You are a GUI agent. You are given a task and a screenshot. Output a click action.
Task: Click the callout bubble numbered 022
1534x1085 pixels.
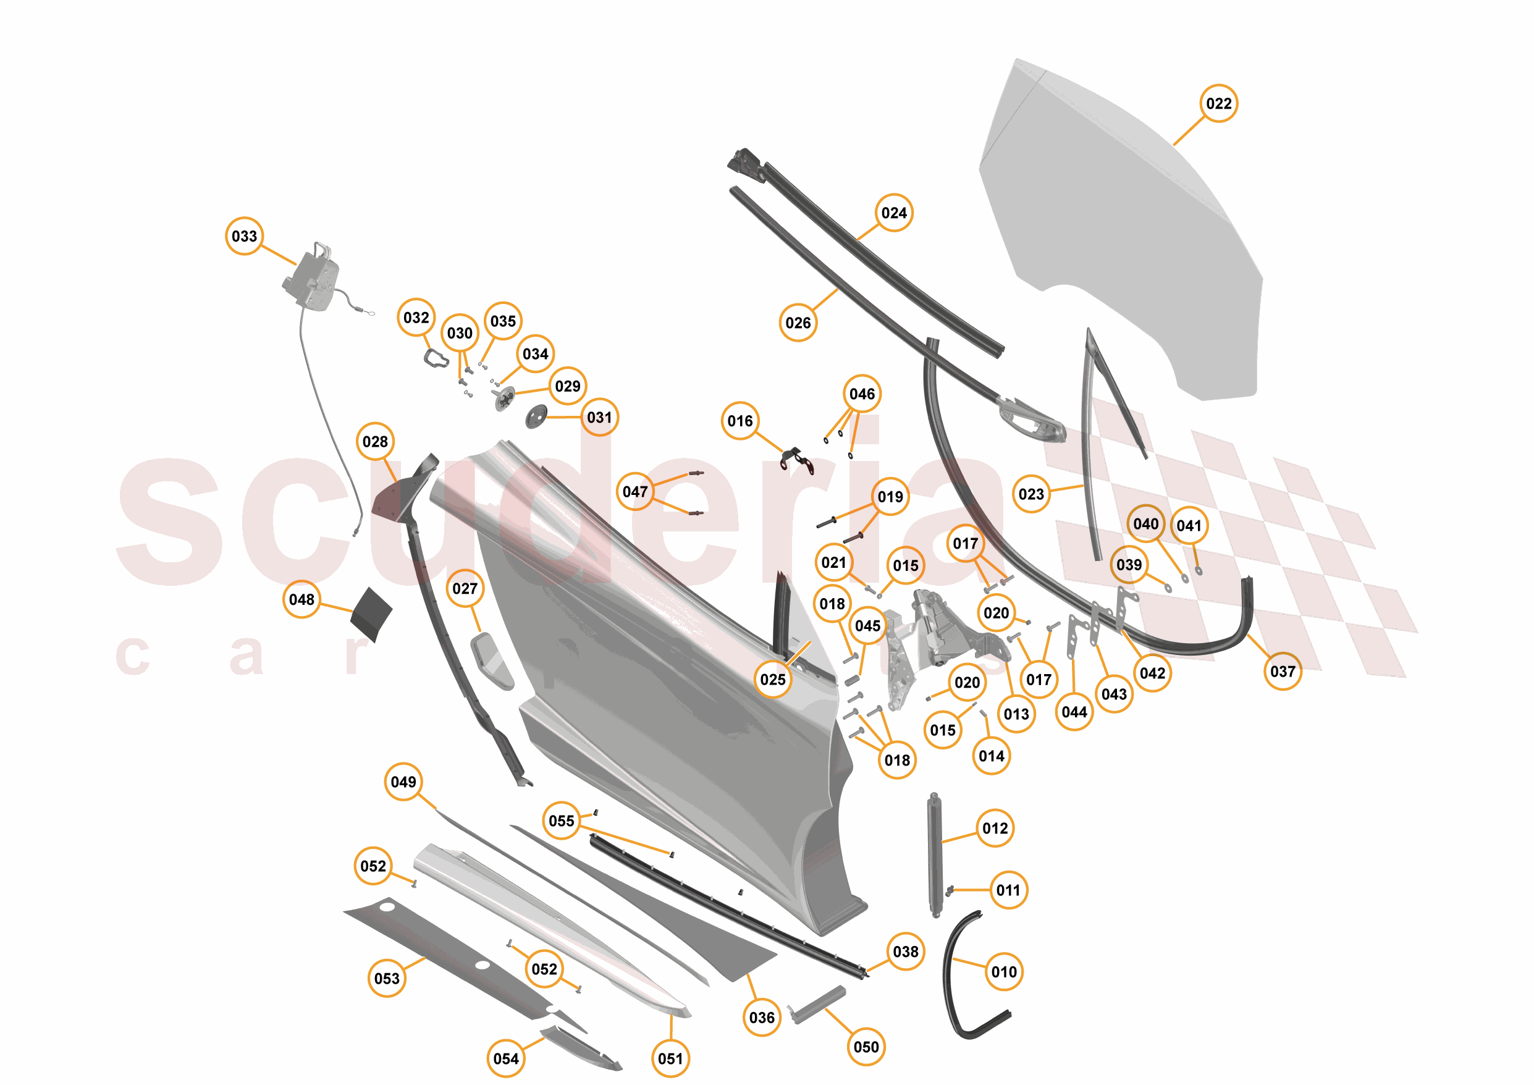point(1219,104)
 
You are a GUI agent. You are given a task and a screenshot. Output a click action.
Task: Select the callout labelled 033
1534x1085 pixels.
point(245,236)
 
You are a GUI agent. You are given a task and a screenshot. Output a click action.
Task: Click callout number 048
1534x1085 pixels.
point(302,599)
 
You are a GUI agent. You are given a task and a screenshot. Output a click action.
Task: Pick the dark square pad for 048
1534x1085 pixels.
point(372,613)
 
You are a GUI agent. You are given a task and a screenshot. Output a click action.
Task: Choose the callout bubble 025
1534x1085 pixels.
point(773,680)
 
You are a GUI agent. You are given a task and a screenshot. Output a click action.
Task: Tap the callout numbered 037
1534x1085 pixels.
point(1283,672)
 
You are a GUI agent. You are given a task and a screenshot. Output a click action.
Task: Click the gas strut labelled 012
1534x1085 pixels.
point(934,855)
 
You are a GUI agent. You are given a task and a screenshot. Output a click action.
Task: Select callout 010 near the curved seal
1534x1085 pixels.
point(1004,972)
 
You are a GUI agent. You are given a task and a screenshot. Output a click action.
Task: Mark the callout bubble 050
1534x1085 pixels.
point(867,1047)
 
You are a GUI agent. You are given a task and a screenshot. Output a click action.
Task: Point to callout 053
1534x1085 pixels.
point(387,979)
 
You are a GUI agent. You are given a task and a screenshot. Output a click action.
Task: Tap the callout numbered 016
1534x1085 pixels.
point(740,421)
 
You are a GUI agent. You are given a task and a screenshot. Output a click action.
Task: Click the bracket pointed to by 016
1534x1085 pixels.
point(797,460)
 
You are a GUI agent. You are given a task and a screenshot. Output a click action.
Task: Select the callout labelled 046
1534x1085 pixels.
point(862,394)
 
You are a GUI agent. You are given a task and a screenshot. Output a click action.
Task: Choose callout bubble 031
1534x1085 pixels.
point(599,418)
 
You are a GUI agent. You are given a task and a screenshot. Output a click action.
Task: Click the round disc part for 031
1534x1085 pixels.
point(536,417)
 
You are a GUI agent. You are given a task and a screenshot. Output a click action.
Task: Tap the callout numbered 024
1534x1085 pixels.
point(894,213)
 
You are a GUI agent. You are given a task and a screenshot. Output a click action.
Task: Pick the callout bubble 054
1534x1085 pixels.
point(506,1059)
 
